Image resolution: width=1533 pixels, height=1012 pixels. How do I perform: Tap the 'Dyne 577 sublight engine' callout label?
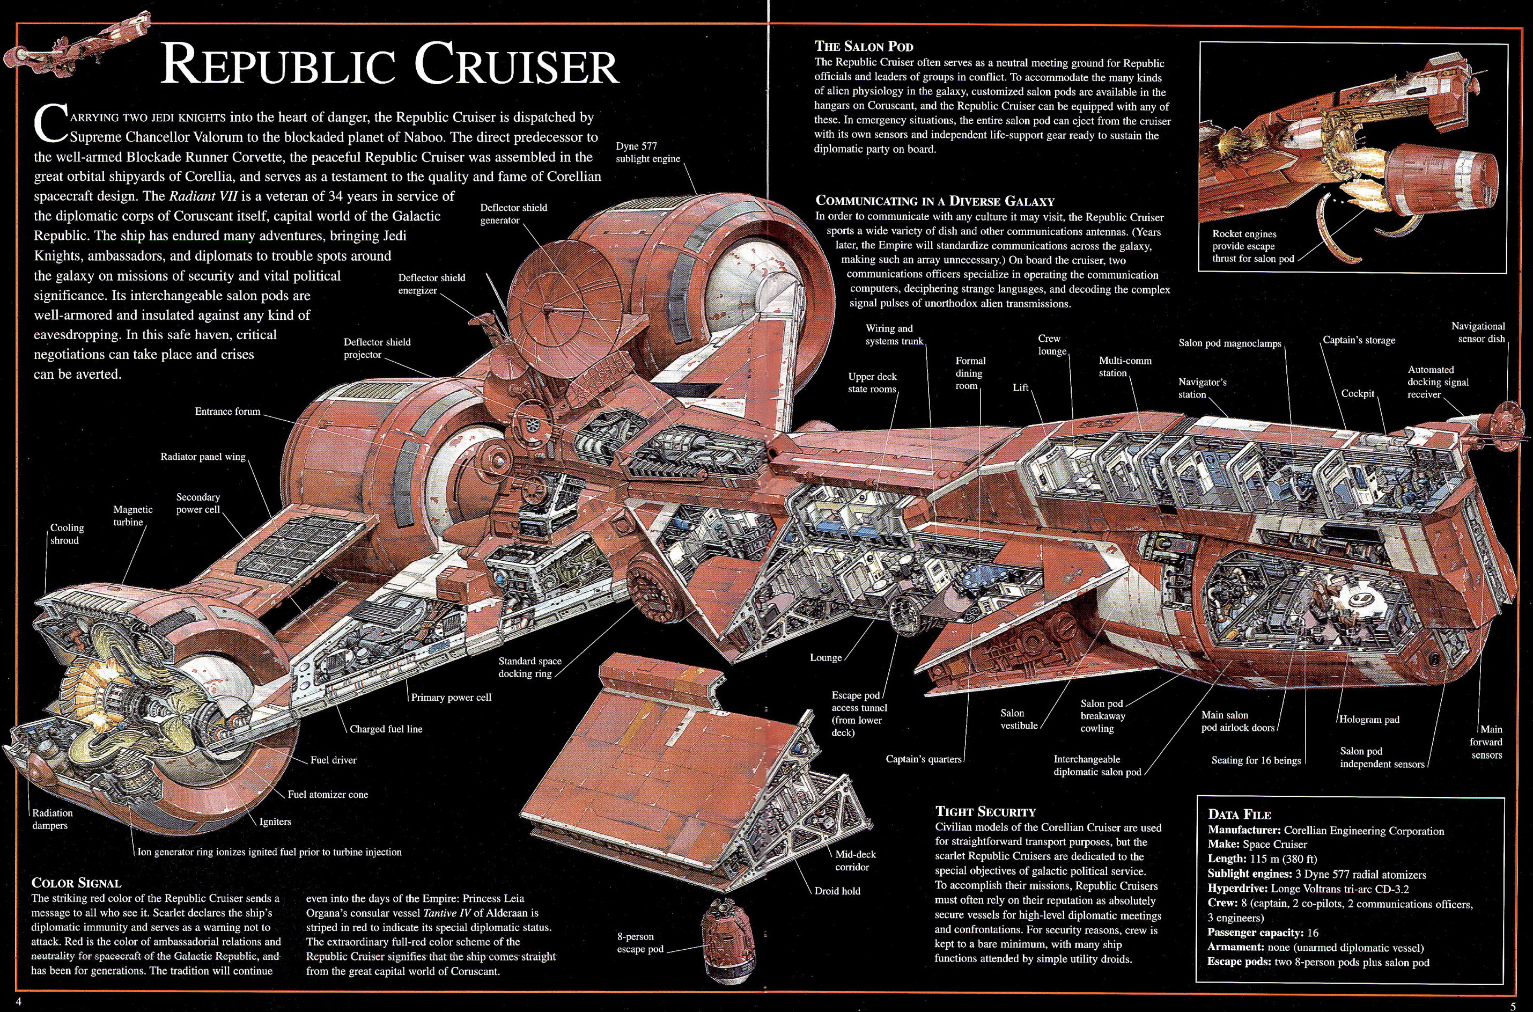pyautogui.click(x=648, y=152)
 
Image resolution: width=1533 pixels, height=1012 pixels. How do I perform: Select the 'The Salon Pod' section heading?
pyautogui.click(x=864, y=47)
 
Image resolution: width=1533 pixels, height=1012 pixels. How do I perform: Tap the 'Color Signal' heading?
pyautogui.click(x=76, y=882)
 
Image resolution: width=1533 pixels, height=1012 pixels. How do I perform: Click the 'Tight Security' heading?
pyautogui.click(x=985, y=811)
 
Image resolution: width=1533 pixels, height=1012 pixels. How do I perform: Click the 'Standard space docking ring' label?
pyautogui.click(x=530, y=668)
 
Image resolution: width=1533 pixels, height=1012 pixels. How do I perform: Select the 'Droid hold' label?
pyautogui.click(x=837, y=891)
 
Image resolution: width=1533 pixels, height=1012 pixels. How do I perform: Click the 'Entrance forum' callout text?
pyautogui.click(x=228, y=411)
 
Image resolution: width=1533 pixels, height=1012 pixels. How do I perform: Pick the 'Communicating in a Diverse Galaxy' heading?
pyautogui.click(x=935, y=201)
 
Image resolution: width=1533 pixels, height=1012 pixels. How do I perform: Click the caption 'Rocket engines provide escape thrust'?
pyautogui.click(x=1252, y=246)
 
